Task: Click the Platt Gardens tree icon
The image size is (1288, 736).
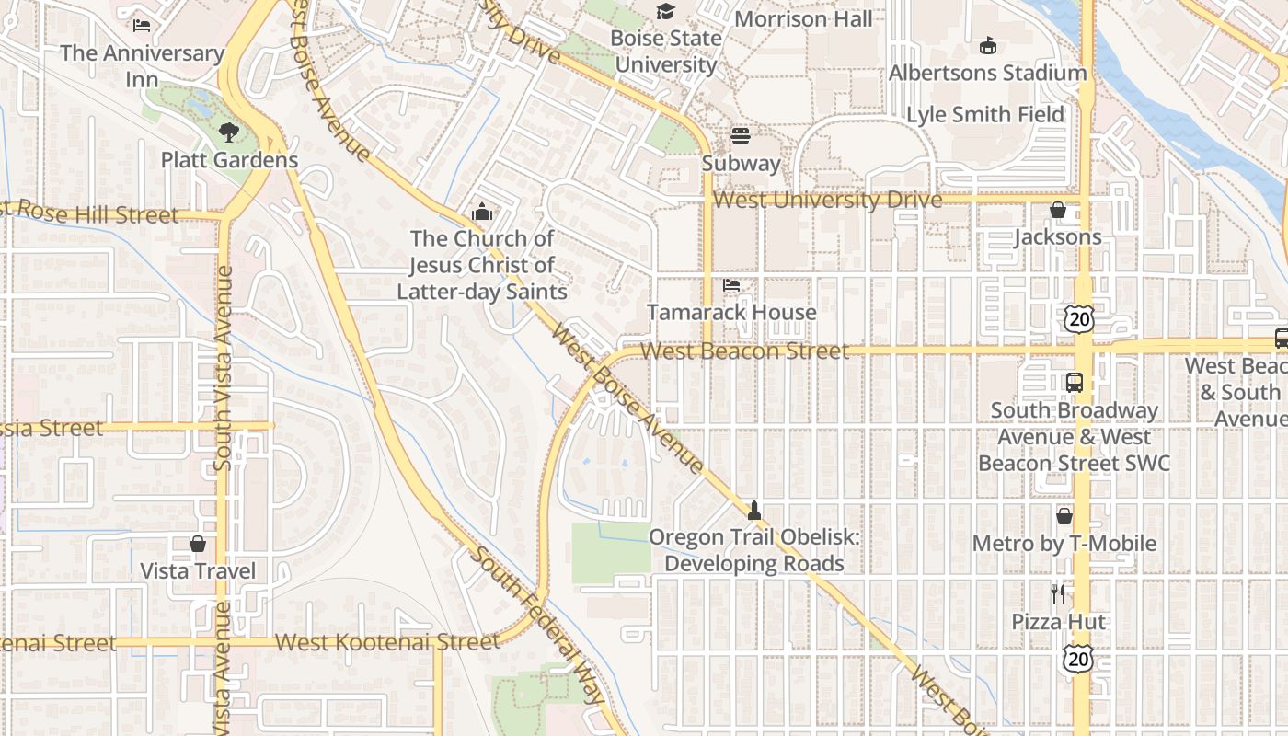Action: click(229, 132)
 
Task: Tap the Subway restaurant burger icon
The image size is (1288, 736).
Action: click(741, 136)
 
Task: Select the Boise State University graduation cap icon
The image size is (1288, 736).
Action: click(665, 12)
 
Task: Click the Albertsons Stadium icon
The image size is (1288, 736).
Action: click(988, 45)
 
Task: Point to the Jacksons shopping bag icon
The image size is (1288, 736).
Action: click(1058, 210)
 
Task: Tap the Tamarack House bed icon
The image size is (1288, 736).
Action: click(731, 285)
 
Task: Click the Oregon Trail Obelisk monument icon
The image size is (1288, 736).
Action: click(754, 510)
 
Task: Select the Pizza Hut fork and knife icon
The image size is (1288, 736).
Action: click(1058, 594)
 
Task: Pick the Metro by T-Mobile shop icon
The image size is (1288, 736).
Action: click(1064, 516)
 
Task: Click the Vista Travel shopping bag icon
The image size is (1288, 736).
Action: click(198, 544)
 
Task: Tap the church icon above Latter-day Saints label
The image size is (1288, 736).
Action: click(481, 213)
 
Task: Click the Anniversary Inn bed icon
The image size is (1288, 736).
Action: click(142, 26)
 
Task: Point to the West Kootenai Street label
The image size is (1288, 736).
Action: click(386, 642)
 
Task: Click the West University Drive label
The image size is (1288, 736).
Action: click(827, 200)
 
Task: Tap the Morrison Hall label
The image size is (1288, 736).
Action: click(803, 18)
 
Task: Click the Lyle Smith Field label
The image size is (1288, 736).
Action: click(985, 115)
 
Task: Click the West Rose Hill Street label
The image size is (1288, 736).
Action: click(92, 213)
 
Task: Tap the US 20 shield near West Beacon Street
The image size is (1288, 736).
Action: click(1077, 318)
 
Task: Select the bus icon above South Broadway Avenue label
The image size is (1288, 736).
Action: click(1074, 382)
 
